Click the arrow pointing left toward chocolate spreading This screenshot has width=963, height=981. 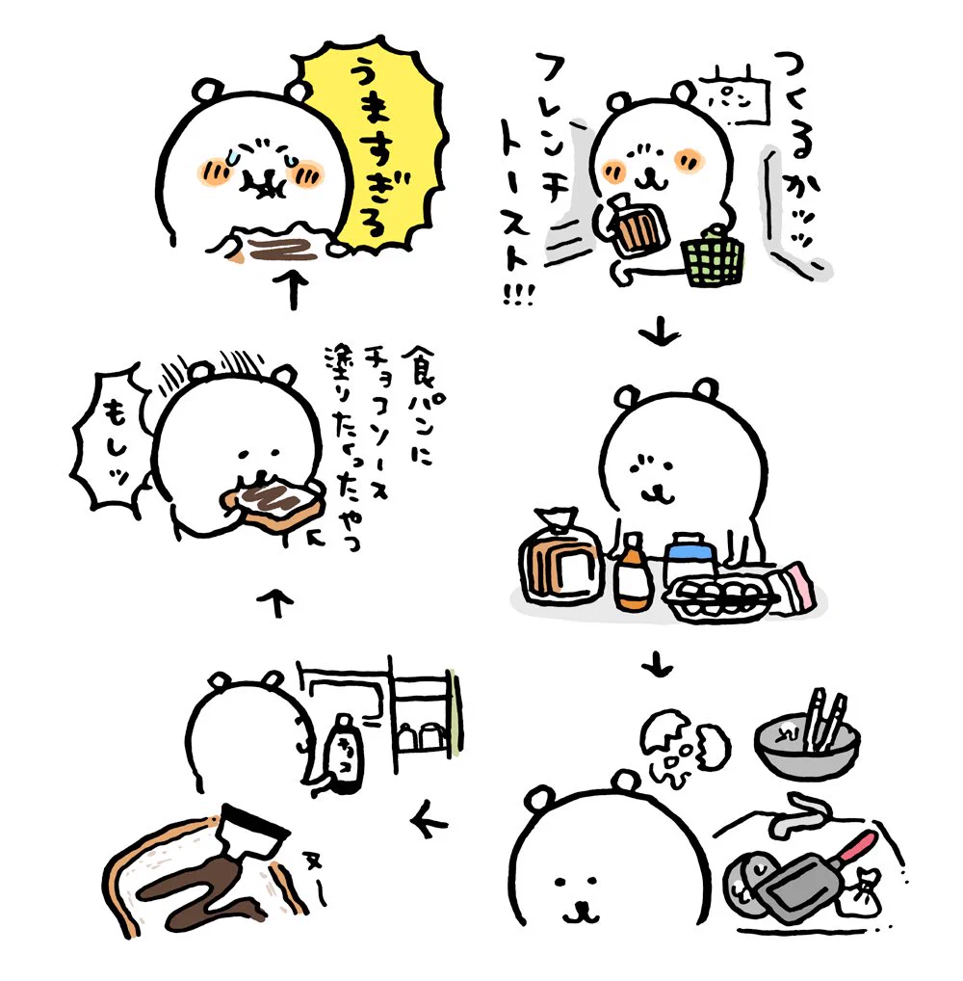tap(429, 822)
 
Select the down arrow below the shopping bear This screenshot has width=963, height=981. tap(661, 333)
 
